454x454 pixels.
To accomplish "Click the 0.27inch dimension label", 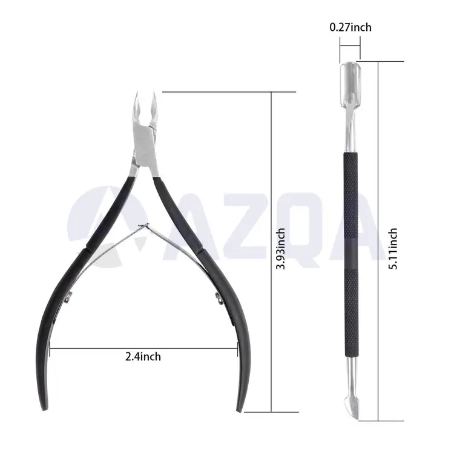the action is (350, 27).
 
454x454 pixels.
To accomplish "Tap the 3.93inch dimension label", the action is (280, 249).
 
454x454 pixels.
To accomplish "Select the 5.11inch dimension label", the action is (393, 249).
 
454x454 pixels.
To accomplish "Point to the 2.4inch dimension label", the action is (143, 357).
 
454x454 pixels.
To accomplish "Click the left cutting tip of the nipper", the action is (137, 93).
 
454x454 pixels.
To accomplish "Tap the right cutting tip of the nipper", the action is (154, 93).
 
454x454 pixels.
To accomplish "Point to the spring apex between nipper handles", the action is (144, 226).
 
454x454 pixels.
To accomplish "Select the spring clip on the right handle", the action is (219, 298).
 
